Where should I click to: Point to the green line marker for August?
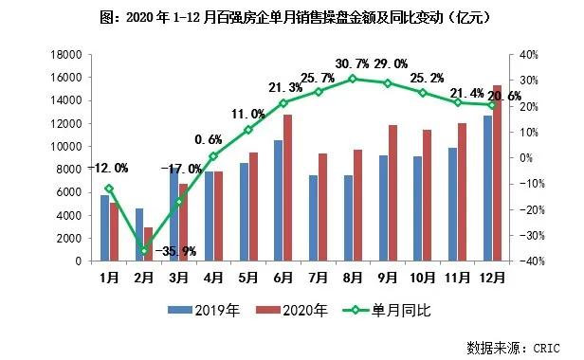coord(352,79)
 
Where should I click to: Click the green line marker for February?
coord(143,251)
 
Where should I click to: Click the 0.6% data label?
coord(212,139)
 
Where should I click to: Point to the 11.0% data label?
coord(248,112)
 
